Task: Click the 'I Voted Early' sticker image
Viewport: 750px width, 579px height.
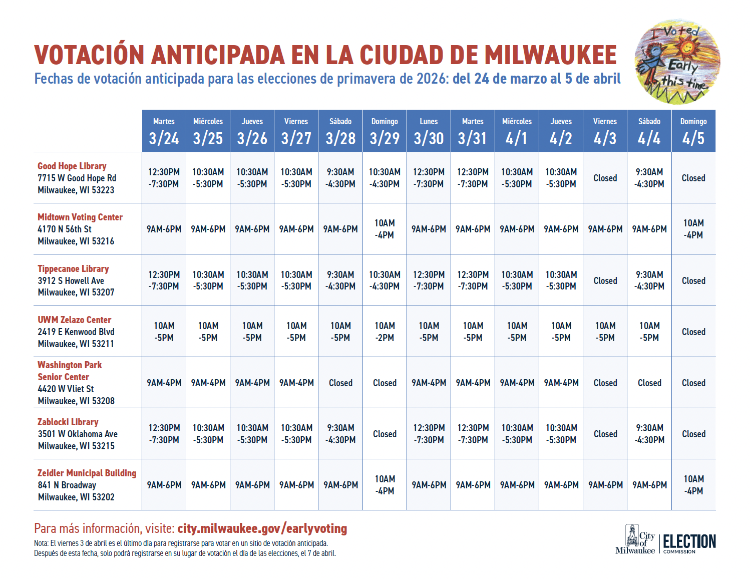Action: tap(677, 62)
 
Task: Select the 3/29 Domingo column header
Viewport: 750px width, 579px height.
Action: tap(385, 131)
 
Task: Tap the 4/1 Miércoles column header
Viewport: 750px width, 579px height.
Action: tap(517, 131)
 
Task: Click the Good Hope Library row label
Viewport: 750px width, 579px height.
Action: tap(72, 166)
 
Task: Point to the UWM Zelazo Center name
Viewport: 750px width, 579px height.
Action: tap(74, 320)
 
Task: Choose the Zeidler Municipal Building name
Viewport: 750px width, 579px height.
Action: tap(87, 473)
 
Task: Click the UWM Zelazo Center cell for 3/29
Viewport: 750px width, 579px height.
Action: tap(385, 332)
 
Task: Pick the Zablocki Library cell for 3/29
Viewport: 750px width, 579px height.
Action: tap(385, 434)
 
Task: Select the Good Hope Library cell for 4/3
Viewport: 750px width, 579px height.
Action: tap(605, 178)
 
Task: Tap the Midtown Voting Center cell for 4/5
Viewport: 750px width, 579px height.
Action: tap(693, 229)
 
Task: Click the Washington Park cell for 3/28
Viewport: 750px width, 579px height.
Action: tap(340, 383)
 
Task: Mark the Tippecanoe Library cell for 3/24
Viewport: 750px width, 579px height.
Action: tap(164, 280)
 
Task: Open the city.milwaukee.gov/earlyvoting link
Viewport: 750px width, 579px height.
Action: tap(262, 528)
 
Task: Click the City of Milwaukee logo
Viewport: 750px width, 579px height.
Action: tap(635, 539)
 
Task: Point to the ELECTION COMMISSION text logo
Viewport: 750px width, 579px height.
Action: tap(689, 543)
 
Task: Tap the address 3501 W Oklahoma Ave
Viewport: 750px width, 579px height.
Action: tap(78, 434)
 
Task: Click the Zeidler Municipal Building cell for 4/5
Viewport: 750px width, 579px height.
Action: tap(693, 485)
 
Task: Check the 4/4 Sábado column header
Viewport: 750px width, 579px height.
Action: tap(649, 131)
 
